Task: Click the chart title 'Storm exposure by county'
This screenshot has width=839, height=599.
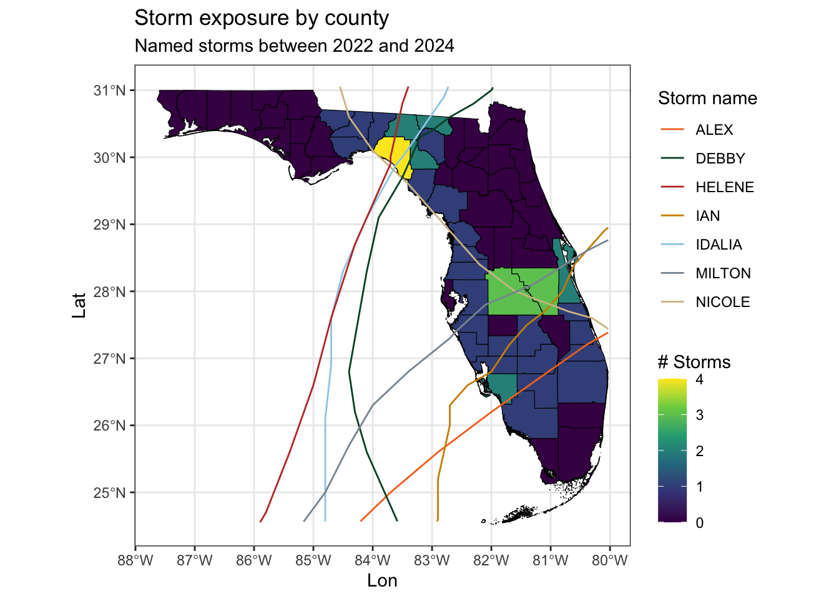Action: click(x=262, y=18)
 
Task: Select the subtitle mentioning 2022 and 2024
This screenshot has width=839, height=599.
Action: click(x=294, y=46)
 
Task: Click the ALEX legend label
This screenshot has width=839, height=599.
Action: click(x=714, y=130)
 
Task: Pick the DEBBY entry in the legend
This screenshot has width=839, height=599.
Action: click(x=720, y=158)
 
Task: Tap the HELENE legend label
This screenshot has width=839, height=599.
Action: click(x=725, y=187)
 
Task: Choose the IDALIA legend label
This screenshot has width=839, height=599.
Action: click(x=719, y=245)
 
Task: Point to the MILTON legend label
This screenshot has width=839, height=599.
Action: click(x=723, y=273)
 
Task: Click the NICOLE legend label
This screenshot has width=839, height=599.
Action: click(x=723, y=302)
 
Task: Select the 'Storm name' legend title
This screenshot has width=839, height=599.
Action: click(x=707, y=99)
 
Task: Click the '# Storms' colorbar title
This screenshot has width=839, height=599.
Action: click(x=694, y=363)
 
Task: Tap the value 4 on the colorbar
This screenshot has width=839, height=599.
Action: click(x=700, y=379)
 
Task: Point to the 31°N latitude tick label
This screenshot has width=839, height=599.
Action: click(x=110, y=90)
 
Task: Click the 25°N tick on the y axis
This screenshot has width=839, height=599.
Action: click(x=110, y=493)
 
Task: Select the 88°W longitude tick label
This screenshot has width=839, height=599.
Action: click(x=135, y=560)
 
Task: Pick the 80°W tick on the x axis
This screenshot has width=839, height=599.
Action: click(x=609, y=560)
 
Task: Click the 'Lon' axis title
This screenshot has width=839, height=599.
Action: click(x=382, y=581)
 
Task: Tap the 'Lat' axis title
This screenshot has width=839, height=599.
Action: click(x=79, y=305)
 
